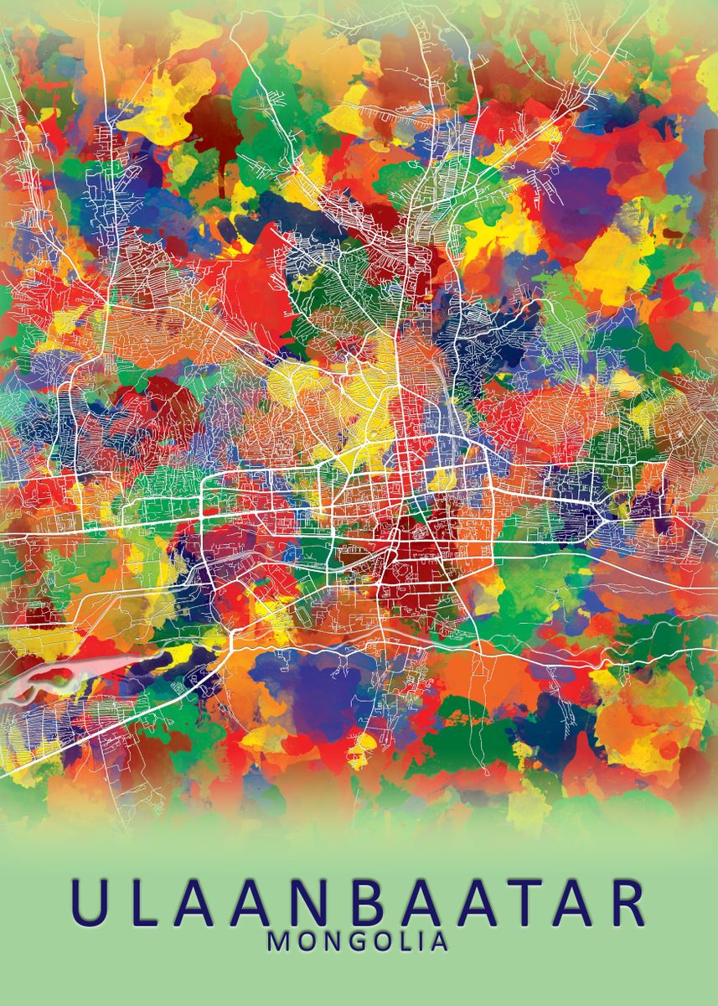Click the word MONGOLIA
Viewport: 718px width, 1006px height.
358,941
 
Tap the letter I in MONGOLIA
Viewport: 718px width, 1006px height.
419,941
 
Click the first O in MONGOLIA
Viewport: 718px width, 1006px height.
302,941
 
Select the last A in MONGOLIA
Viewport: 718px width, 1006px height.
438,941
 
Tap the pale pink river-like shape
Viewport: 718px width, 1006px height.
50,675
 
